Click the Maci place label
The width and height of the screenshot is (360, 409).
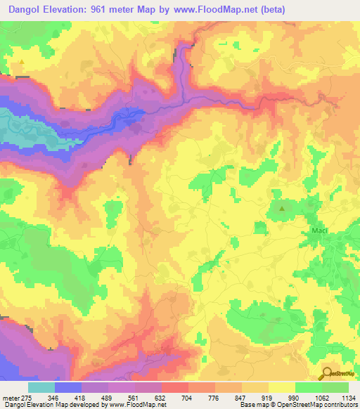(320, 230)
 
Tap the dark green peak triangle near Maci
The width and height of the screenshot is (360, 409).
(283, 208)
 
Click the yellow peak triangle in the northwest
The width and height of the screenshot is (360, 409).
(22, 62)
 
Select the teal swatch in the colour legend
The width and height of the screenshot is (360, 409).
(41, 387)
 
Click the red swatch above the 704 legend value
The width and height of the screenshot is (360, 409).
(174, 387)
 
